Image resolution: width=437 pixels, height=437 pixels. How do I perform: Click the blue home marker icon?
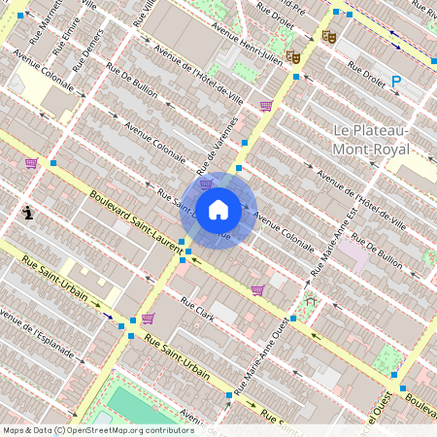click(218, 210)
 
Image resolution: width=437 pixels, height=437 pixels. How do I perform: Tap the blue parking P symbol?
click(395, 83)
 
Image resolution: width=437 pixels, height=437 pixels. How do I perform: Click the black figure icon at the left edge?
click(28, 212)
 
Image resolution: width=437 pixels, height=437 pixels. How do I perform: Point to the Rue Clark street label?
click(198, 310)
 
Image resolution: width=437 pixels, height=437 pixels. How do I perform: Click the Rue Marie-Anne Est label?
click(328, 240)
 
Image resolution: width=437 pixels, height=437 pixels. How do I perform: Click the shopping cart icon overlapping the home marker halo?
click(206, 184)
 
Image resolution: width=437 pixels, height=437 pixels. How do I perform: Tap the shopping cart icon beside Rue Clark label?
click(257, 289)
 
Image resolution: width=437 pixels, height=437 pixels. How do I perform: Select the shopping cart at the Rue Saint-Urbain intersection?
click(148, 318)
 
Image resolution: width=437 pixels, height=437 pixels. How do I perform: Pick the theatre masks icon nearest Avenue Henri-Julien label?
click(293, 57)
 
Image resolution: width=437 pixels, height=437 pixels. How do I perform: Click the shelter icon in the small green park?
click(312, 302)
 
